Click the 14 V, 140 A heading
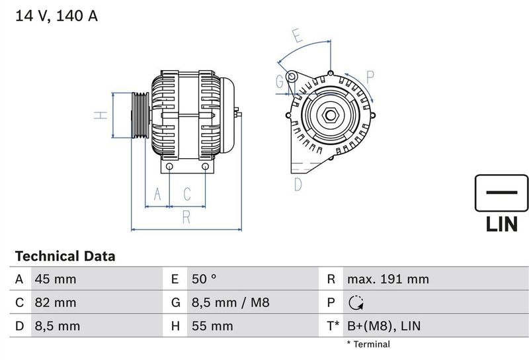click(56, 16)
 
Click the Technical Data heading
click(65, 256)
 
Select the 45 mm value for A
click(55, 279)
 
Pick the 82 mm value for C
click(55, 302)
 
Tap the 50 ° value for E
click(204, 279)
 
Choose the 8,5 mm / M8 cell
click(229, 302)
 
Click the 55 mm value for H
click(212, 326)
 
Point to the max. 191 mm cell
click(387, 279)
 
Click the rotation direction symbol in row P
click(355, 302)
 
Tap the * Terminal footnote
click(368, 344)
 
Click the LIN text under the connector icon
click(501, 225)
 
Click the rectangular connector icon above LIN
click(501, 193)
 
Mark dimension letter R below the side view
click(186, 215)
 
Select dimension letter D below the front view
click(298, 184)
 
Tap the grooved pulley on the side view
click(140, 115)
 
